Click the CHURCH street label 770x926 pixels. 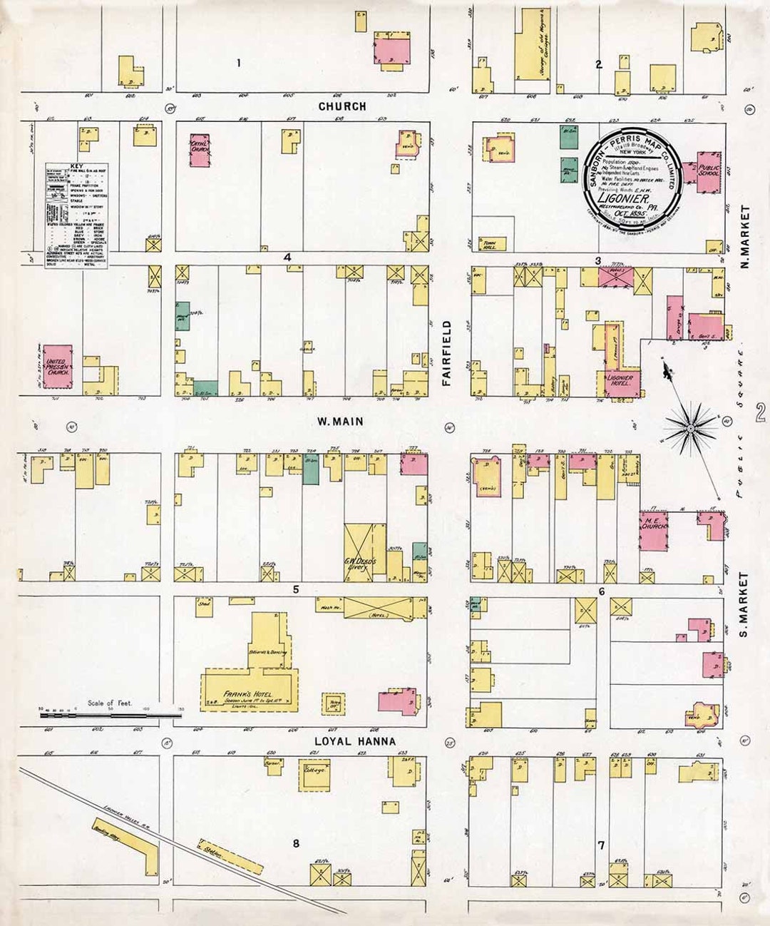click(x=342, y=106)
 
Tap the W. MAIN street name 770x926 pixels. click(x=340, y=422)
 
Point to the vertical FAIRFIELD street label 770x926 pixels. click(x=447, y=353)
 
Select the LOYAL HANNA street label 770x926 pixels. click(x=354, y=741)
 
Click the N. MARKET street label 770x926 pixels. click(x=745, y=237)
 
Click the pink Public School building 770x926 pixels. click(x=710, y=171)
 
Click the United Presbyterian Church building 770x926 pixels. click(x=57, y=367)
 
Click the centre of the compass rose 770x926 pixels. click(x=690, y=428)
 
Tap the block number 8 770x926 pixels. click(x=296, y=844)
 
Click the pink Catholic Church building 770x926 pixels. click(x=200, y=151)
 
